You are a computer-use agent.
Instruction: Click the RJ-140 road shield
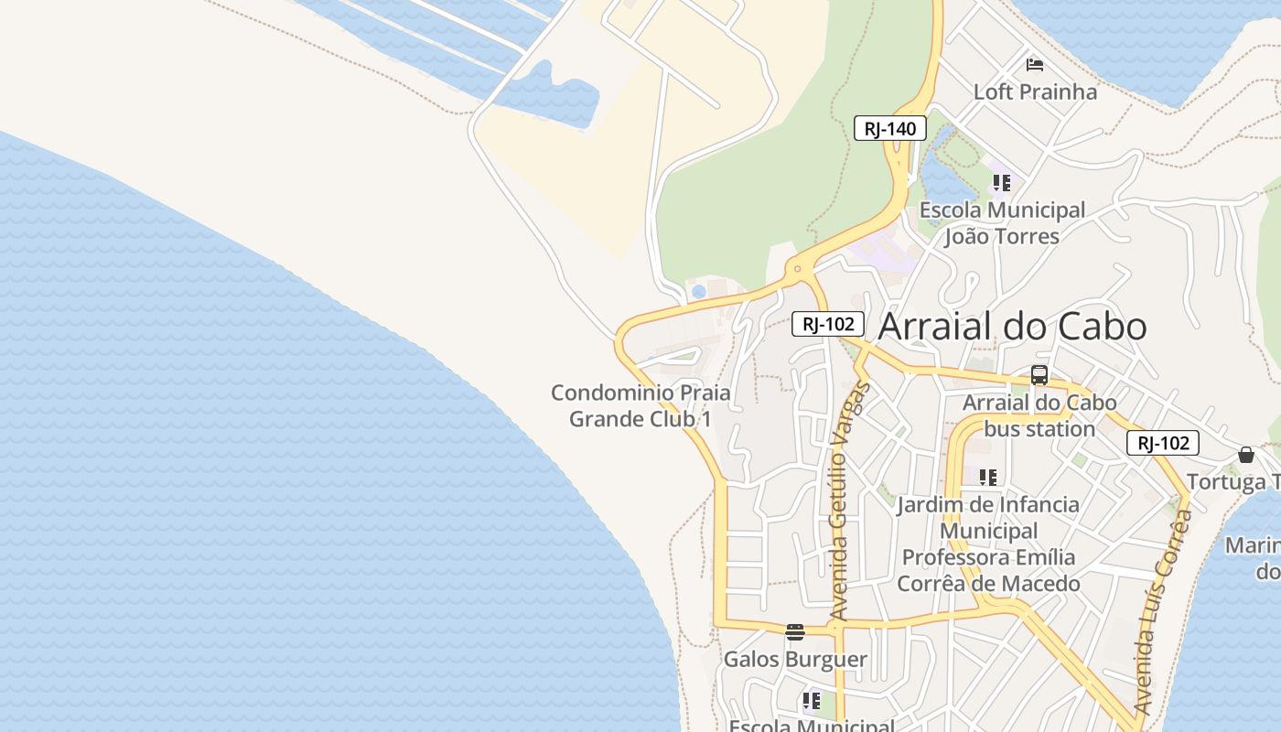coord(890,128)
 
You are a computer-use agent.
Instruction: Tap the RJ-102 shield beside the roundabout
coord(828,323)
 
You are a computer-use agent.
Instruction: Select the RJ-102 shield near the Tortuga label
coord(1162,443)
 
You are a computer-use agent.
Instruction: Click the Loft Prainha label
coord(1035,91)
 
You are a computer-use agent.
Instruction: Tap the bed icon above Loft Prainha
coord(1035,64)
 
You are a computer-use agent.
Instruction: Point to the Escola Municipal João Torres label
coord(1002,223)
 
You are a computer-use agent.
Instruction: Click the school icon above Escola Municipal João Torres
coord(1002,183)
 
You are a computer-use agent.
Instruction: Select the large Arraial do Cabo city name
coord(1012,327)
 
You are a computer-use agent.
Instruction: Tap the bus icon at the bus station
coord(1039,375)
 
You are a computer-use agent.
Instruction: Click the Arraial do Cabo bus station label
coord(1039,415)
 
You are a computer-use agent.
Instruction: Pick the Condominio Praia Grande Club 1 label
coord(640,405)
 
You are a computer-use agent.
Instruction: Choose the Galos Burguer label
coord(795,659)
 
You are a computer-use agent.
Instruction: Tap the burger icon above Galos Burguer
coord(795,632)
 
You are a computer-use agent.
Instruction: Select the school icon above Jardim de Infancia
coord(988,477)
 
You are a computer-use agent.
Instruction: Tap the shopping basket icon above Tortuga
coord(1246,455)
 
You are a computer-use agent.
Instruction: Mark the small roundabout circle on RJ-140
coord(798,269)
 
